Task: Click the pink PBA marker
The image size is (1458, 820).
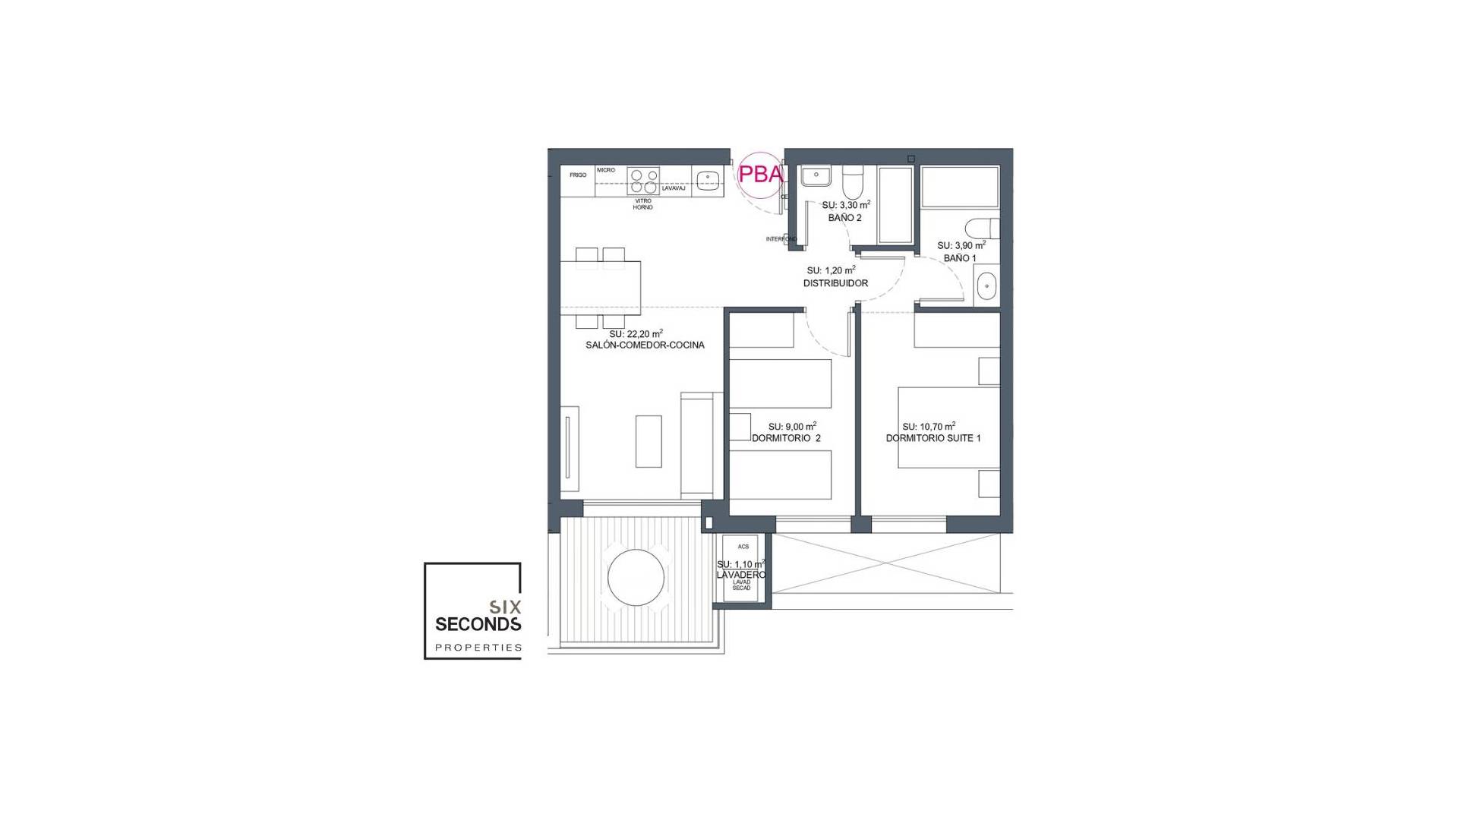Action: pyautogui.click(x=760, y=175)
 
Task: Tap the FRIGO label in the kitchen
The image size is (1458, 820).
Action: pyautogui.click(x=578, y=175)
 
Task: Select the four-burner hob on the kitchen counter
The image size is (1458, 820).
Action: pyautogui.click(x=642, y=181)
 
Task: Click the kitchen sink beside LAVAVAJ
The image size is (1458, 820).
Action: pyautogui.click(x=708, y=180)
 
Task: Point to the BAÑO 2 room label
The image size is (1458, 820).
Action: pyautogui.click(x=844, y=218)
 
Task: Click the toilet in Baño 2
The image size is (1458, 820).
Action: pyautogui.click(x=853, y=182)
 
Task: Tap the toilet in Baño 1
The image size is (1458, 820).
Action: pyautogui.click(x=983, y=228)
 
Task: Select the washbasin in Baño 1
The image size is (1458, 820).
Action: pyautogui.click(x=986, y=286)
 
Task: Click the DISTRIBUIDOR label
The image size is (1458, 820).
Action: pyautogui.click(x=835, y=283)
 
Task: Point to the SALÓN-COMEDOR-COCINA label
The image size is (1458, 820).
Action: pyautogui.click(x=645, y=345)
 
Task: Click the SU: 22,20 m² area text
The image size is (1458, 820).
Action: pyautogui.click(x=636, y=334)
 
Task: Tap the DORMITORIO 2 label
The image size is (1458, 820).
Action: pyautogui.click(x=786, y=439)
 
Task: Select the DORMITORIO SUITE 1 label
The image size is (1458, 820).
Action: pyautogui.click(x=933, y=439)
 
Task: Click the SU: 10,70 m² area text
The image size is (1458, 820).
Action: pyautogui.click(x=928, y=427)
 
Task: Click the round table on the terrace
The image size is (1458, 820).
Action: pyautogui.click(x=636, y=578)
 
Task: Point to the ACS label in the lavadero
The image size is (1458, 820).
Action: pyautogui.click(x=743, y=547)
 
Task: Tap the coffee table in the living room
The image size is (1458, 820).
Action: pyautogui.click(x=649, y=440)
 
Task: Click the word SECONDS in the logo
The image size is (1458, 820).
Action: pyautogui.click(x=478, y=624)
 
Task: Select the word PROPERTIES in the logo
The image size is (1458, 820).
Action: pyautogui.click(x=478, y=648)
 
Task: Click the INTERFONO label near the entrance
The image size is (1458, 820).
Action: pyautogui.click(x=781, y=239)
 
